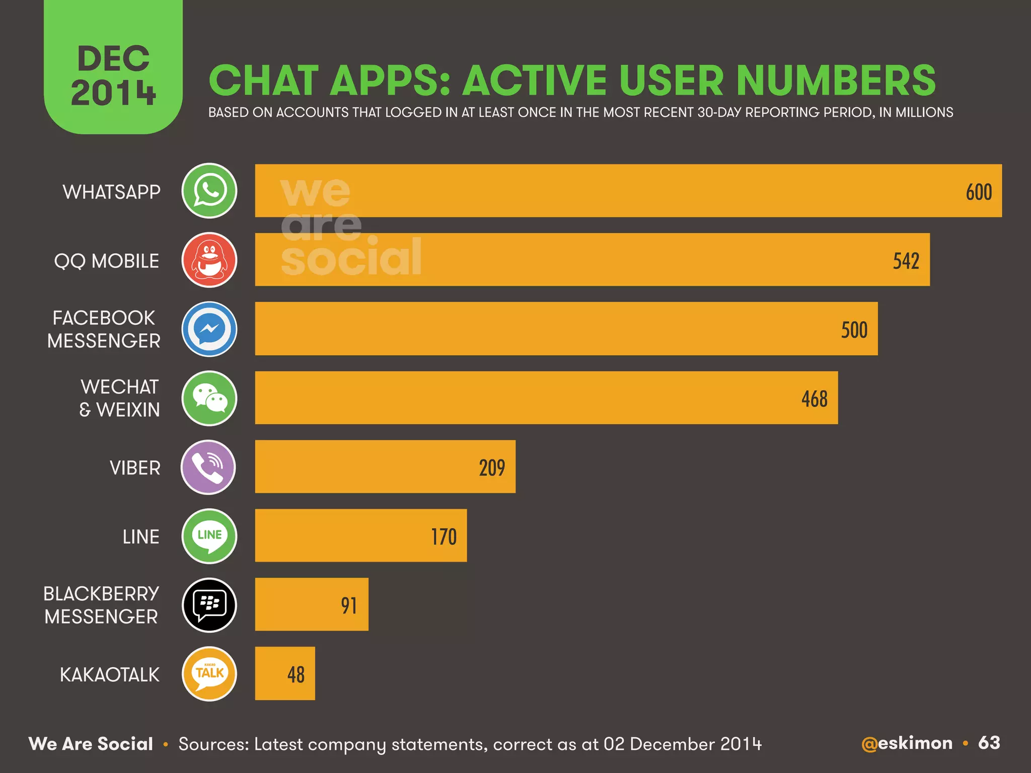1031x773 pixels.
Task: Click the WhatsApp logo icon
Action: click(x=209, y=191)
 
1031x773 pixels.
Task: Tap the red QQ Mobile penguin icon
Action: click(x=209, y=260)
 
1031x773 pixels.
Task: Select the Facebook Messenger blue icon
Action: click(x=209, y=329)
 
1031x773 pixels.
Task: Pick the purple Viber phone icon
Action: click(x=208, y=468)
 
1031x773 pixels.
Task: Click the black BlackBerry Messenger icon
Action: click(x=209, y=605)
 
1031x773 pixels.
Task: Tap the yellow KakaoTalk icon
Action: click(x=209, y=674)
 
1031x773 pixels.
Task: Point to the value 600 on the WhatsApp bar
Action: click(x=978, y=192)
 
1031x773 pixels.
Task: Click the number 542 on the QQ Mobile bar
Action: click(x=906, y=261)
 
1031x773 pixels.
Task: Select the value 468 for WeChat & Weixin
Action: click(x=814, y=399)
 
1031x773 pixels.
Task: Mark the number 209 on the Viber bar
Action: click(x=491, y=468)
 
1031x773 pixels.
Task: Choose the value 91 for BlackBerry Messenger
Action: click(x=348, y=606)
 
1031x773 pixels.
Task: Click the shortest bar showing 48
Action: click(x=285, y=673)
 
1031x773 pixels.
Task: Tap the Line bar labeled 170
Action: click(x=360, y=535)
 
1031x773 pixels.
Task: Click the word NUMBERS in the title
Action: click(x=836, y=81)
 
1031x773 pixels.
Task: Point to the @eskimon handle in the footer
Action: click(x=907, y=743)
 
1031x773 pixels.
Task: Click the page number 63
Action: click(x=989, y=743)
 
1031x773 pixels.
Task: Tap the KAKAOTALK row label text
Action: click(x=109, y=675)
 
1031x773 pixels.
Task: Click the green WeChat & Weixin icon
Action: click(x=209, y=399)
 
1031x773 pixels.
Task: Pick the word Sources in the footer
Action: click(x=213, y=744)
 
